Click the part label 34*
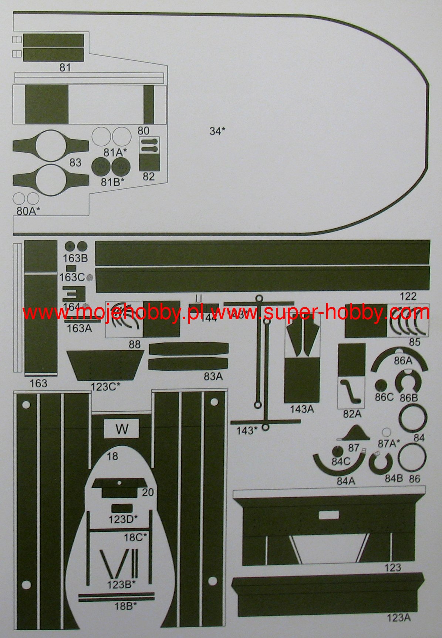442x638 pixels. pyautogui.click(x=217, y=131)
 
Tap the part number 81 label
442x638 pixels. pyautogui.click(x=65, y=67)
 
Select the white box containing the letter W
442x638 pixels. pyautogui.click(x=122, y=429)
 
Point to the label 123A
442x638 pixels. pyautogui.click(x=398, y=617)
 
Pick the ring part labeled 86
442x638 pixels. pyautogui.click(x=412, y=458)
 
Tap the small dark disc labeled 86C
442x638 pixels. pyautogui.click(x=379, y=385)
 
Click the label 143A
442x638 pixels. pyautogui.click(x=301, y=409)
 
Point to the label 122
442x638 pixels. pyautogui.click(x=408, y=296)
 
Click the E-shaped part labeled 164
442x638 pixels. pyautogui.click(x=74, y=294)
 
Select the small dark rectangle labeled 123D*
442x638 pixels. pyautogui.click(x=122, y=508)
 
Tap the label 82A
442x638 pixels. pyautogui.click(x=352, y=414)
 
